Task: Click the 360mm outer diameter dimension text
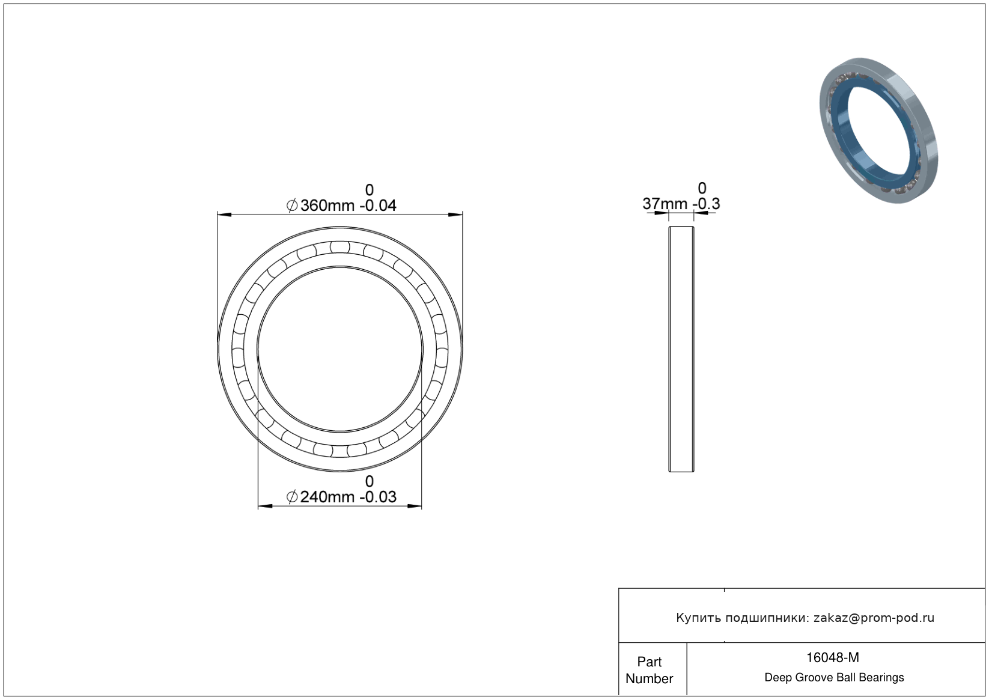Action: tap(327, 206)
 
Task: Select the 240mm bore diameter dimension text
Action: tap(327, 498)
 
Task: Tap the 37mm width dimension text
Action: tap(665, 204)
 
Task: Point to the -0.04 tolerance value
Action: tap(378, 206)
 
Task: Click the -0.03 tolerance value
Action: tap(378, 498)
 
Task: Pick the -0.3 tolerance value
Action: tap(707, 204)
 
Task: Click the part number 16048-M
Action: tap(833, 657)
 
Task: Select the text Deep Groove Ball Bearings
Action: tap(834, 678)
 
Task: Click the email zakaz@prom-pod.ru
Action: tap(874, 618)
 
